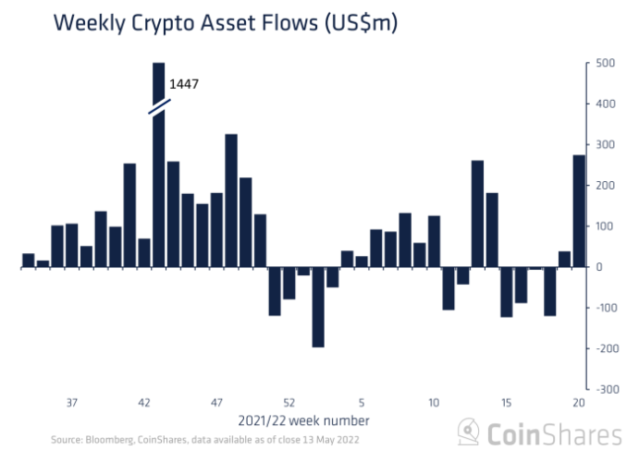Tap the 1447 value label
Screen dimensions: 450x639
pos(184,84)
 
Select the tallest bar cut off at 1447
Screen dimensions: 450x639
pos(158,185)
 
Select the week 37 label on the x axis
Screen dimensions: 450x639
pos(72,403)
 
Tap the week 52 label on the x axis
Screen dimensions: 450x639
pos(289,403)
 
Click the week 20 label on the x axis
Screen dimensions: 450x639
pos(579,403)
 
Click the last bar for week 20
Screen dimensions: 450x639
pos(579,211)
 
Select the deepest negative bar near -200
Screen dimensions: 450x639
pos(318,307)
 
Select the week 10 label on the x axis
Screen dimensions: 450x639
pos(434,403)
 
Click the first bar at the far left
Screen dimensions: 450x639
pos(28,260)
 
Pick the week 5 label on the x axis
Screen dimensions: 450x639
pos(362,403)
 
